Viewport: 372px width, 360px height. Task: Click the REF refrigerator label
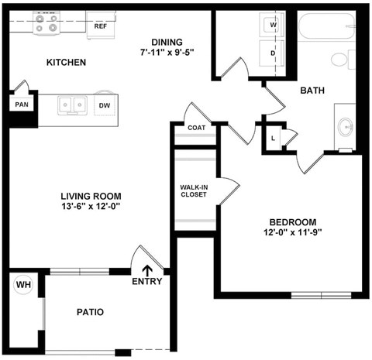pyautogui.click(x=101, y=26)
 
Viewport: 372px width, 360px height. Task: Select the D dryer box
pyautogui.click(x=274, y=53)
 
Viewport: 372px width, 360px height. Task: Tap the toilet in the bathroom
pyautogui.click(x=341, y=58)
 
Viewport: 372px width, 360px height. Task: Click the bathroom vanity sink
pyautogui.click(x=346, y=125)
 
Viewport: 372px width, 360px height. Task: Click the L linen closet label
pyautogui.click(x=273, y=139)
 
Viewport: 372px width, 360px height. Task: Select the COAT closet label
pyautogui.click(x=196, y=128)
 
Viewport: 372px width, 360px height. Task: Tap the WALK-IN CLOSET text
pyautogui.click(x=194, y=191)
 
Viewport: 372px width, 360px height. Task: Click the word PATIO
pyautogui.click(x=90, y=313)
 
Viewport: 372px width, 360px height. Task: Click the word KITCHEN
pyautogui.click(x=67, y=62)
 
